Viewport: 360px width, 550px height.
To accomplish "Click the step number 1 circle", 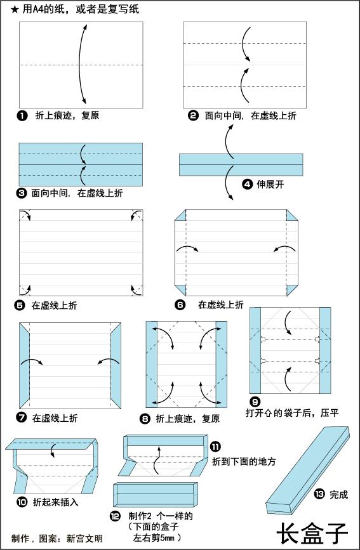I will click(23, 115).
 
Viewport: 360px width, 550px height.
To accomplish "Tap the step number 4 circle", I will click(248, 185).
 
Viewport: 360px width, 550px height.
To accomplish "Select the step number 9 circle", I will click(255, 402).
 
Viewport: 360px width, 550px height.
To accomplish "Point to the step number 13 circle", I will click(319, 494).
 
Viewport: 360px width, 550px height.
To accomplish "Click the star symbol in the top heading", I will click(15, 10).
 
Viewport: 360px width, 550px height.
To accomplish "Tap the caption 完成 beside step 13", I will click(338, 494).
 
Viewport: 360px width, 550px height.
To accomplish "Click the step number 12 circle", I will click(114, 516).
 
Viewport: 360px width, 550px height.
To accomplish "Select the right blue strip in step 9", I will click(324, 350).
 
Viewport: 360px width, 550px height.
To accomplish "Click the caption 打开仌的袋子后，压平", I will click(292, 413).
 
